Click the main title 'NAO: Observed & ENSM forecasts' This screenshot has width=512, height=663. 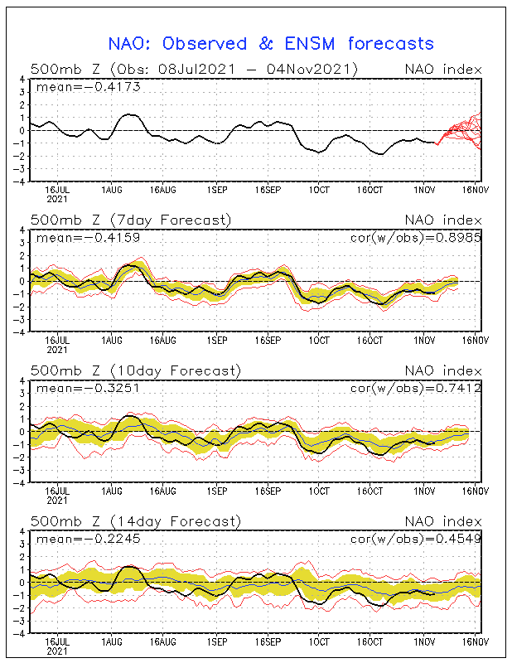click(271, 43)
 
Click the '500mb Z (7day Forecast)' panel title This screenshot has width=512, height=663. click(131, 220)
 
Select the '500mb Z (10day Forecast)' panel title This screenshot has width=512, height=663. click(136, 370)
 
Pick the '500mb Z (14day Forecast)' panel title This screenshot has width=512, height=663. click(136, 521)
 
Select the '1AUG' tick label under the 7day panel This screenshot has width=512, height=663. click(109, 340)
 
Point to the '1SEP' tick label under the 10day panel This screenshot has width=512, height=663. click(217, 491)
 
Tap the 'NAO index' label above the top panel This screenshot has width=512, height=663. click(442, 69)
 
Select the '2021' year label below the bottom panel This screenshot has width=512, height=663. click(56, 651)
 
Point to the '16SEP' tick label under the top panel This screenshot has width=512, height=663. click(268, 189)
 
